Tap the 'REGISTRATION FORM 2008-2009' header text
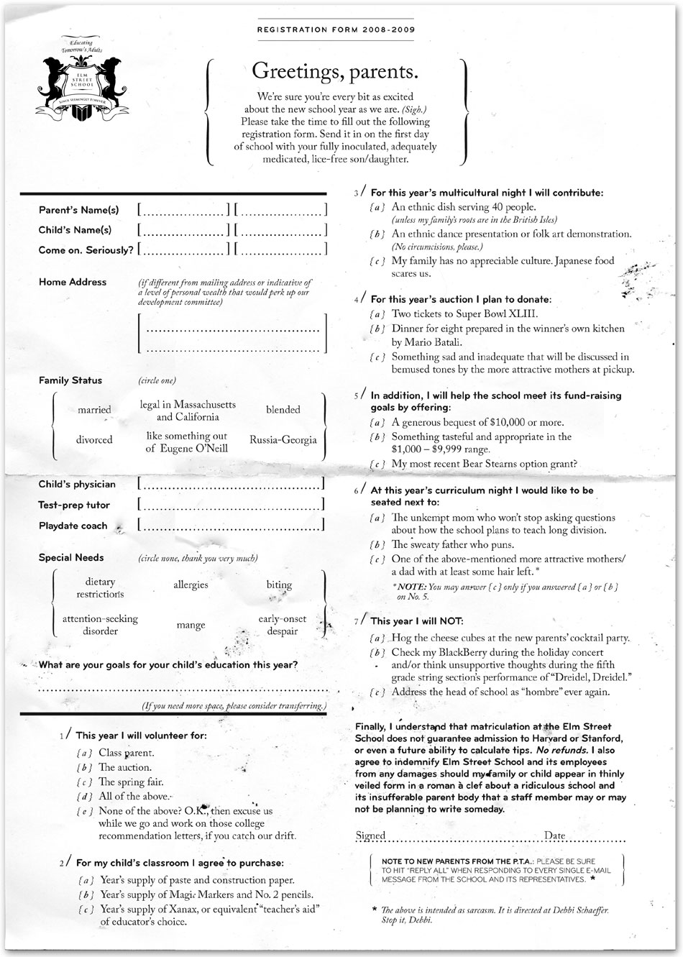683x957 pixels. click(335, 30)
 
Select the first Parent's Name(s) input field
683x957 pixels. click(183, 210)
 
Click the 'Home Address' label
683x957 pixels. click(73, 282)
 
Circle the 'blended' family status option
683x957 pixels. click(283, 410)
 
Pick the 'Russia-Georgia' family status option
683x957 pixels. click(283, 440)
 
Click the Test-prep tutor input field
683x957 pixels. click(230, 505)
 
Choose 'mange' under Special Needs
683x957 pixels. click(191, 626)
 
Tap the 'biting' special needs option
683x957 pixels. click(279, 585)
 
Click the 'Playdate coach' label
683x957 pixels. click(73, 526)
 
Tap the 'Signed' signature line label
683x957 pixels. click(371, 835)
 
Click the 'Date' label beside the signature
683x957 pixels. click(555, 835)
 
